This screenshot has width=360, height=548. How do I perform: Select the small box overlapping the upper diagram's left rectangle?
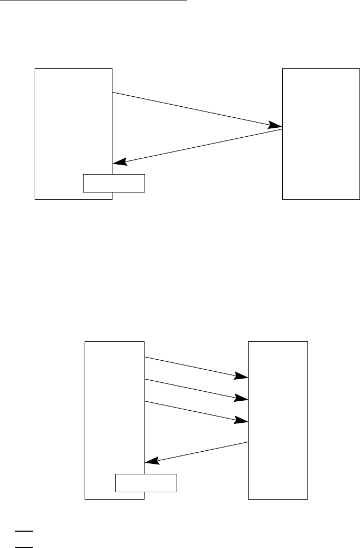pyautogui.click(x=114, y=183)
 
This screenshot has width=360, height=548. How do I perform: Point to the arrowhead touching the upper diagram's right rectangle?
pyautogui.click(x=276, y=126)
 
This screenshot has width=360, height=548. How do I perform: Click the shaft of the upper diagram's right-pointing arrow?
pyautogui.click(x=194, y=110)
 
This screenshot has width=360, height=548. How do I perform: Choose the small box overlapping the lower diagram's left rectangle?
pyautogui.click(x=146, y=482)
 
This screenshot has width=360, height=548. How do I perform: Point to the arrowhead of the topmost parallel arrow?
pyautogui.click(x=242, y=376)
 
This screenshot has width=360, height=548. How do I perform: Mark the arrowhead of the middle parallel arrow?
pyautogui.click(x=242, y=398)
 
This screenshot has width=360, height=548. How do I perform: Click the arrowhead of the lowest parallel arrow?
pyautogui.click(x=242, y=420)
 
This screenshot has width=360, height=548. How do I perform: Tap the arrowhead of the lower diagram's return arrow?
pyautogui.click(x=151, y=461)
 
